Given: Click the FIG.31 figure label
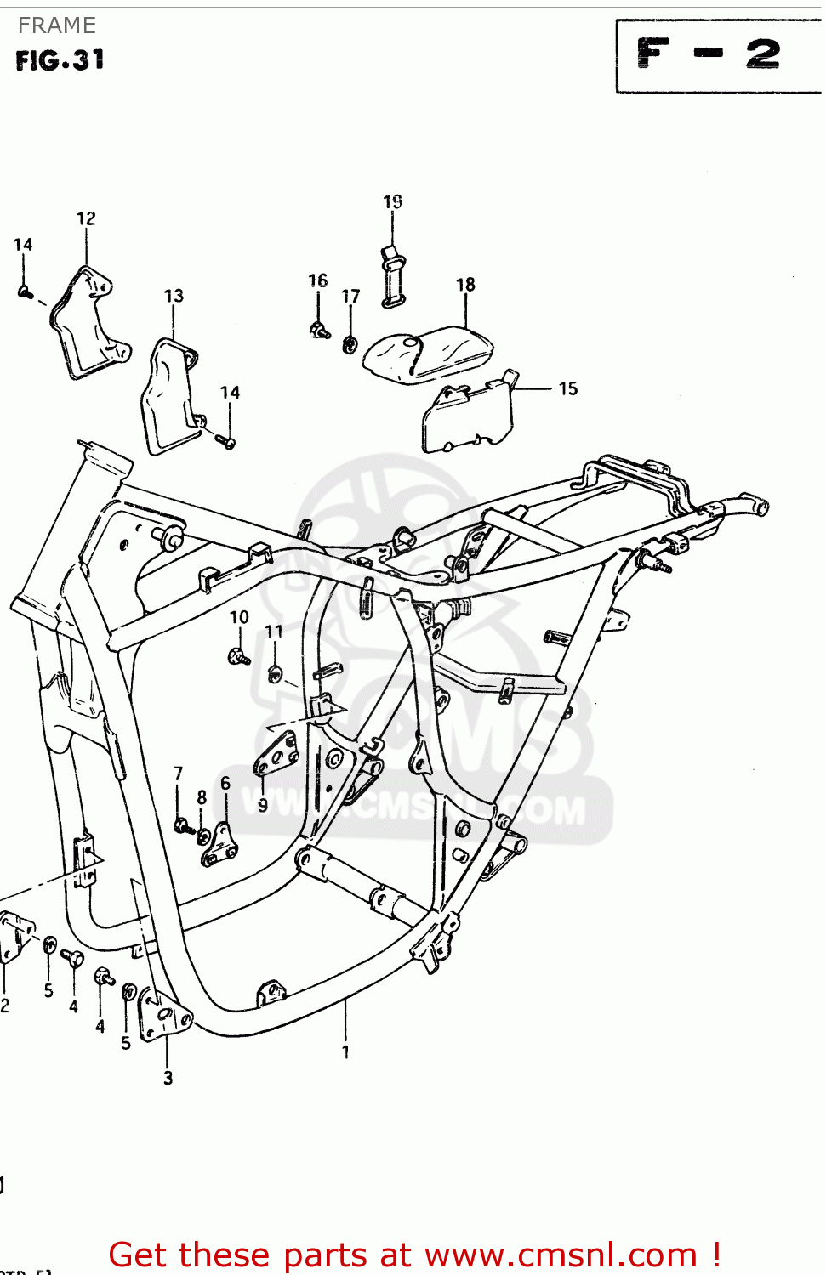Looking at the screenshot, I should [x=60, y=60].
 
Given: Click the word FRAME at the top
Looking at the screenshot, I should [x=57, y=25].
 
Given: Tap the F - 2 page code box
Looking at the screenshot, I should [x=711, y=55].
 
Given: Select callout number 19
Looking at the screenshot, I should [x=392, y=201].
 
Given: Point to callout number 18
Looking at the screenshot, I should [x=465, y=285].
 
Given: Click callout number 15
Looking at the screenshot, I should [x=568, y=388].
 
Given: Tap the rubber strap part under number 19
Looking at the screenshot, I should [x=393, y=276].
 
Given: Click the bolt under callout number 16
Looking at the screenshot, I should [x=320, y=330].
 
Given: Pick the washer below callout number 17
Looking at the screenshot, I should [x=350, y=344].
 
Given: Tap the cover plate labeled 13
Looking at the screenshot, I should [x=168, y=395].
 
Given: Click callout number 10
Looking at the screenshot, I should [x=239, y=617].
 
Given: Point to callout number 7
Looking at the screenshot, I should [x=178, y=773].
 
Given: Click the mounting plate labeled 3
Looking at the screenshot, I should [x=163, y=1015].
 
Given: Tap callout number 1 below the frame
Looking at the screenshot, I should [x=345, y=1052].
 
